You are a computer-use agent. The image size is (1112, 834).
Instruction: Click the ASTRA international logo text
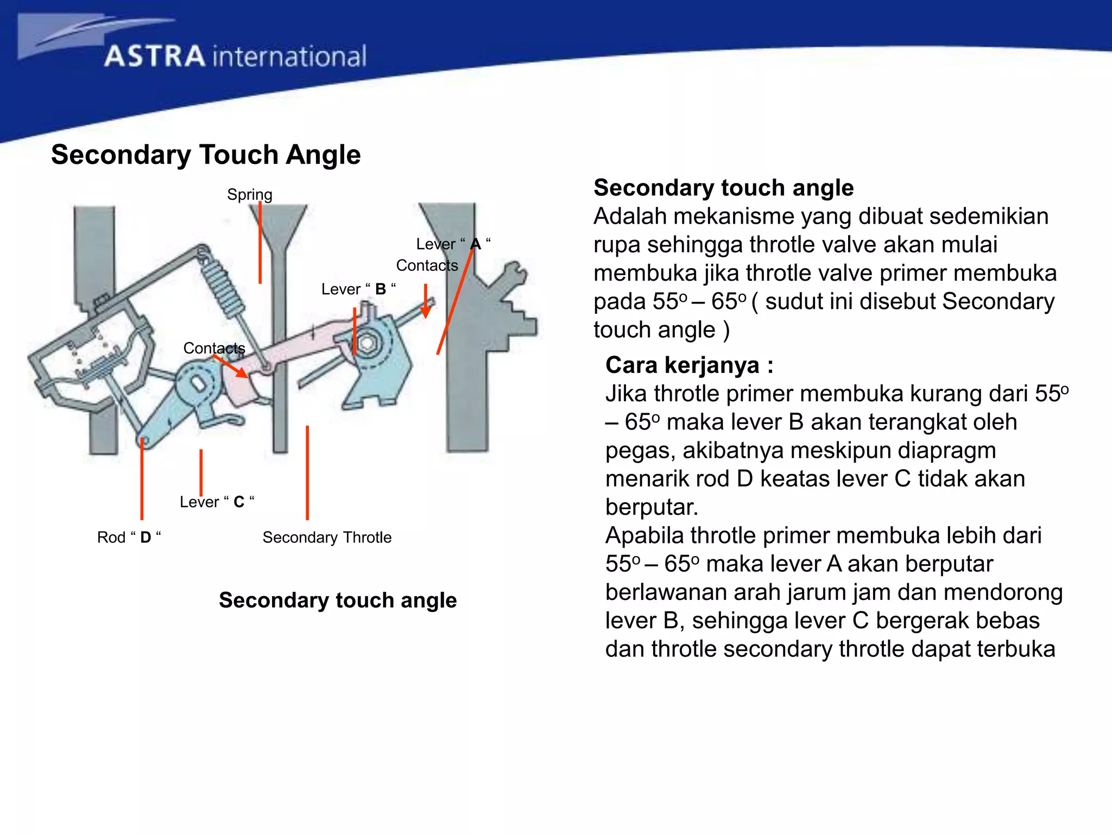[235, 56]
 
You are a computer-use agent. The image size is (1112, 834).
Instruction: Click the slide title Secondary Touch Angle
[206, 155]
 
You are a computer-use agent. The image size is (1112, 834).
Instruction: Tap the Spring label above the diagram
[249, 194]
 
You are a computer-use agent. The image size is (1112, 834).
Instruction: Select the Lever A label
[453, 244]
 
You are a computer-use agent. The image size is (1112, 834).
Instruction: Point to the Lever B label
[358, 289]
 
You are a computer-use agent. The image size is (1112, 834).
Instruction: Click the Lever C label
[217, 502]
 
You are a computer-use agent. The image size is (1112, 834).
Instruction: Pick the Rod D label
[129, 537]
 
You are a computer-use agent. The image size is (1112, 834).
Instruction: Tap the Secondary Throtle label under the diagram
[327, 537]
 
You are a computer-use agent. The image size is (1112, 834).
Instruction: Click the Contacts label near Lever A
[427, 265]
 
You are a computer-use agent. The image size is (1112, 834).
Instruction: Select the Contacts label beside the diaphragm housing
[214, 348]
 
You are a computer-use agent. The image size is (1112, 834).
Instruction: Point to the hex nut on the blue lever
[368, 343]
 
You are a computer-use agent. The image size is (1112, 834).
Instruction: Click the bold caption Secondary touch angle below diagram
[338, 600]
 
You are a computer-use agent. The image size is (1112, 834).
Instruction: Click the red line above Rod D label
[142, 478]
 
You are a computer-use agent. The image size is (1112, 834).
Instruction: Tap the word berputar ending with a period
[652, 507]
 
